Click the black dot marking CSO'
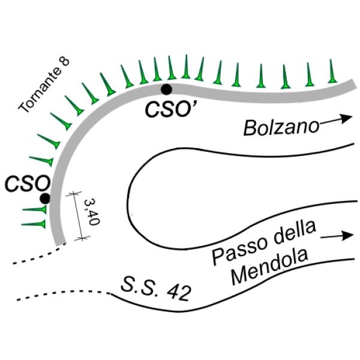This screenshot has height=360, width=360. pos(166,89)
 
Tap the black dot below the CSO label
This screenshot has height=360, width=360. pos(45,199)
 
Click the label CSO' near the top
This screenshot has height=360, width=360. pos(169,109)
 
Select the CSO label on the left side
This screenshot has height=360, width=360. pos(28,184)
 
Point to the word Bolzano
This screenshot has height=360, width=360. pos(281,127)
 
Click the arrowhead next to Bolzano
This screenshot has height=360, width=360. pos(347,118)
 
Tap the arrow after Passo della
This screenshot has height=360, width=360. pos(337,236)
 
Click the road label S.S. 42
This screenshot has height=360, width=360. pos(156,289)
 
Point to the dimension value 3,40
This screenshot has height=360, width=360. pos(91,212)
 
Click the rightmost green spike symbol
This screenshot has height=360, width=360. pos(331,71)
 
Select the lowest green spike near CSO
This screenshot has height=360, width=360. pos(34,224)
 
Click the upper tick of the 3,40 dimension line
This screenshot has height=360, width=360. pos(73,194)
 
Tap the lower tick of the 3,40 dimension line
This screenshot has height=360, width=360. pos(82,238)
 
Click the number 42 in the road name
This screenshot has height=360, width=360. pos(179,293)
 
